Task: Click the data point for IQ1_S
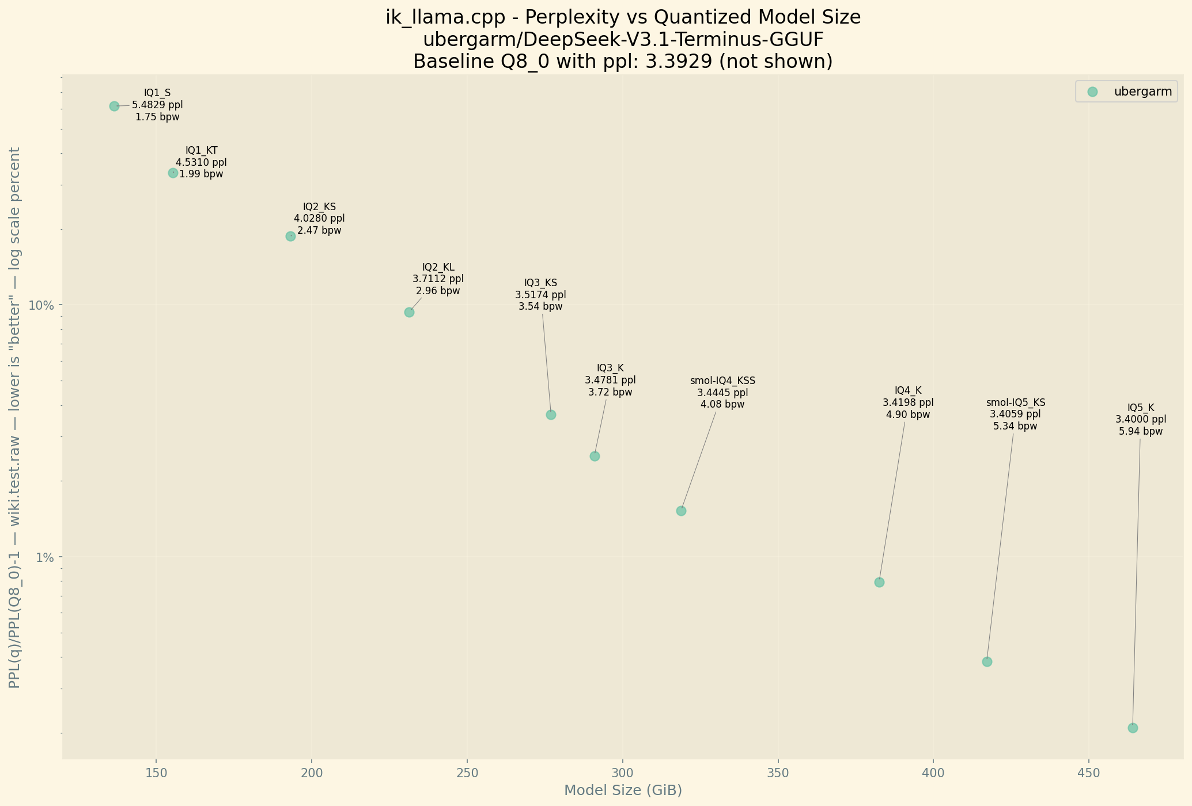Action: pos(114,106)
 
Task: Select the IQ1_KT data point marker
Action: pos(173,173)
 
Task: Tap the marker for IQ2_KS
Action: pos(290,236)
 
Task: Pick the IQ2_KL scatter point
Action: pos(409,312)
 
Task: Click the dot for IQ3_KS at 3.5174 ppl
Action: pos(551,415)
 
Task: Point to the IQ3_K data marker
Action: pos(595,456)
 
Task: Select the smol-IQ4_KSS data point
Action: pos(681,511)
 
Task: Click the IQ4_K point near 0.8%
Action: pos(879,582)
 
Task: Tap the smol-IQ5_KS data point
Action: pos(987,661)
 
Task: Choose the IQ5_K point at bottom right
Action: pos(1133,728)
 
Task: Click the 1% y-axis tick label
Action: pos(45,557)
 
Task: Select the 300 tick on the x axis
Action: pos(622,771)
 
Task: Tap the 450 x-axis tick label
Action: pos(1088,771)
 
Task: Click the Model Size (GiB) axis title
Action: pos(623,790)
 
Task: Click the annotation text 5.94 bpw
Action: pos(1141,431)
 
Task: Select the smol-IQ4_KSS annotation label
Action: pos(722,381)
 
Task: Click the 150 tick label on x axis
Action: pos(156,771)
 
